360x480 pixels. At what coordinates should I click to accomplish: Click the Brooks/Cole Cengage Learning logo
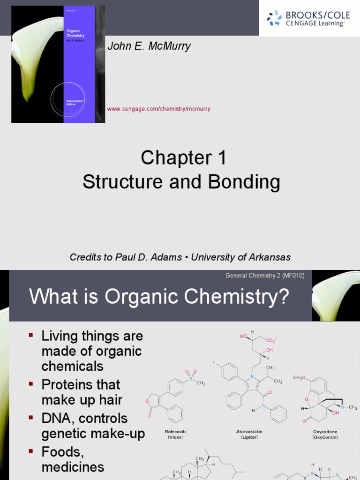(309, 18)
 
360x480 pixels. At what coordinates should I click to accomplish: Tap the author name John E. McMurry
(149, 46)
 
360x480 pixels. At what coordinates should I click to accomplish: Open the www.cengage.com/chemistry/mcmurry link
(159, 109)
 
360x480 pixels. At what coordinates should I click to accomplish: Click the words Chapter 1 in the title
(183, 158)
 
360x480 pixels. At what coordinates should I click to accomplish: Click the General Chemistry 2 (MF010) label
(265, 276)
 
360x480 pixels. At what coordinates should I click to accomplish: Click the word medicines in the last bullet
(73, 467)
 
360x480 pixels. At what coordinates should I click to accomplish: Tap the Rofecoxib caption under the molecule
(173, 431)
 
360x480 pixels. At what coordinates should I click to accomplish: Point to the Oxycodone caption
(325, 431)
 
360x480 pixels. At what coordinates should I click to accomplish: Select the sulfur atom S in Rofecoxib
(191, 377)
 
